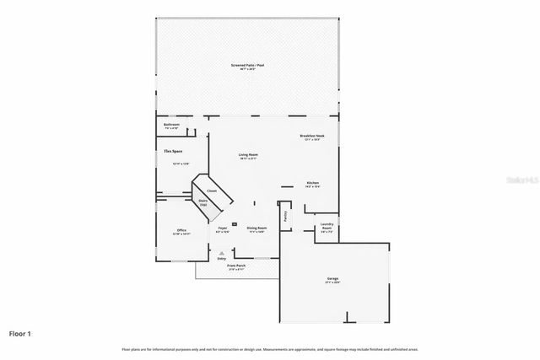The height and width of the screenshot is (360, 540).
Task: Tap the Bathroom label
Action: tap(171, 126)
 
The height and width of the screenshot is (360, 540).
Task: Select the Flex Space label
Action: tap(173, 152)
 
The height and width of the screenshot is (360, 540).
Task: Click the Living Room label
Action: tap(247, 156)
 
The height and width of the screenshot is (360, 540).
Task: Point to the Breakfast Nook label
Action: tap(311, 137)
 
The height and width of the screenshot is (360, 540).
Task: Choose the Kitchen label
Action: tap(311, 183)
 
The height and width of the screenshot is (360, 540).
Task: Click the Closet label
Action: tap(212, 191)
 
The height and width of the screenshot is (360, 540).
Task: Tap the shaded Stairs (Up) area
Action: tap(202, 202)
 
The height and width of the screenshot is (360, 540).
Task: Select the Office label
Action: tap(181, 231)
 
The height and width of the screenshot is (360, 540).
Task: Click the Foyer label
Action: tap(223, 228)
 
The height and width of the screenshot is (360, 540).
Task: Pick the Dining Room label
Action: tap(256, 228)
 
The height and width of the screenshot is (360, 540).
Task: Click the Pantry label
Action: tap(285, 214)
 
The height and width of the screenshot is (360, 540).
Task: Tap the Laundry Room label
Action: tap(326, 227)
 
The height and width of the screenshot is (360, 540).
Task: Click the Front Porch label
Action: tap(235, 266)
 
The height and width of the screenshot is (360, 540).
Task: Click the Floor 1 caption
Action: tap(19, 334)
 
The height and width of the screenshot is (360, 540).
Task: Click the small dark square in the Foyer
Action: tap(223, 223)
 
